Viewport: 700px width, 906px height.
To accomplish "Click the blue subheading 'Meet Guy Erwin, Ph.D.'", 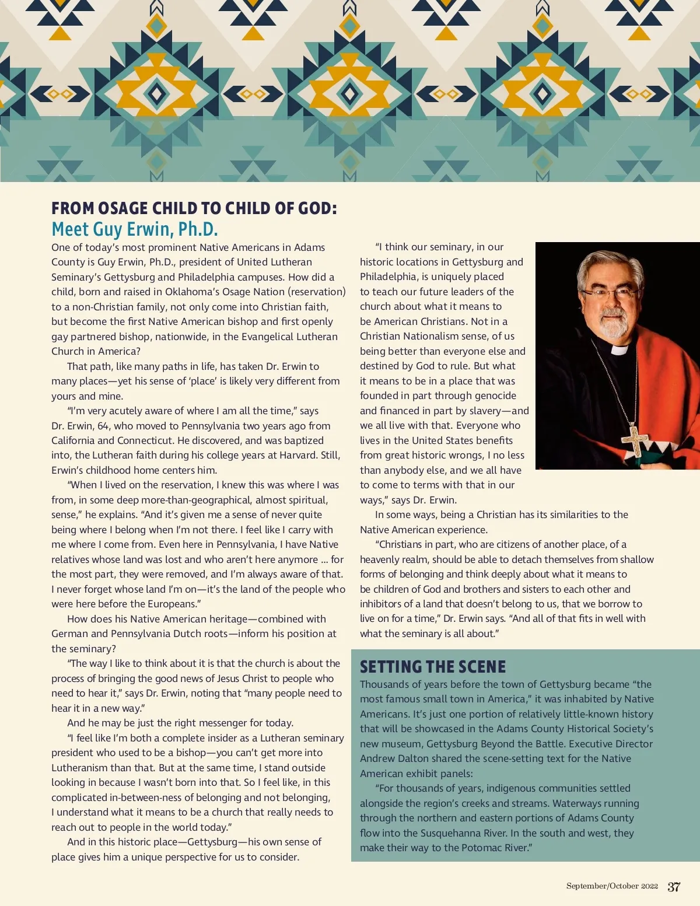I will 135,229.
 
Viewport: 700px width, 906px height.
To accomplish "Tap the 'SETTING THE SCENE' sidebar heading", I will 433,667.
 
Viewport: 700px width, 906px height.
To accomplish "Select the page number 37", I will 674,887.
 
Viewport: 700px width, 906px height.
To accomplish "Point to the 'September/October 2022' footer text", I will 612,886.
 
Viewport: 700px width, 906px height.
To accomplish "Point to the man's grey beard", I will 612,324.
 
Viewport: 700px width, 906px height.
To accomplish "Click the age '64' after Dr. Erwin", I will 103,426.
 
